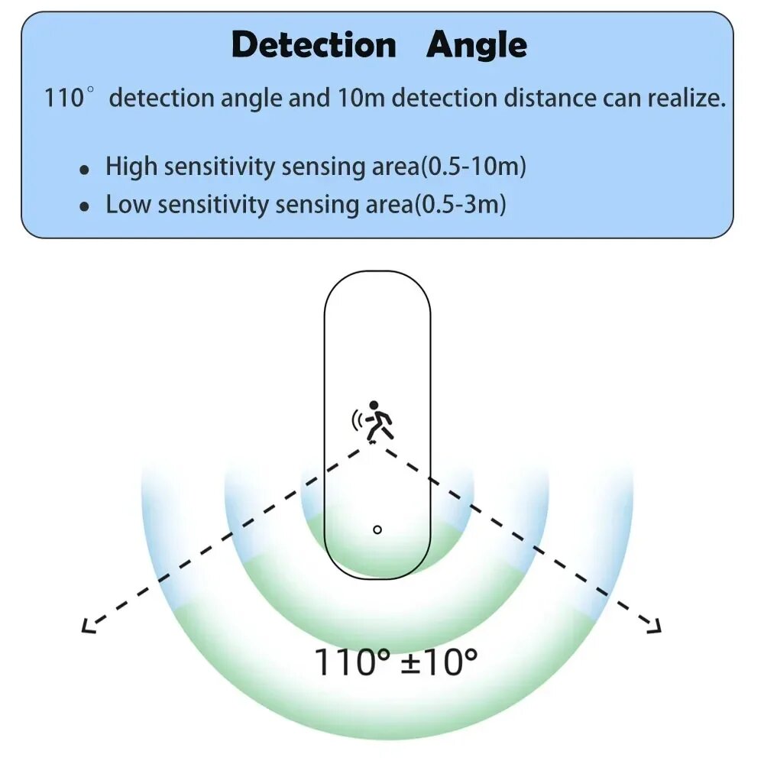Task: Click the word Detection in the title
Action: [x=314, y=46]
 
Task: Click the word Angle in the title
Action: [x=477, y=46]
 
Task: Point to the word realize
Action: [x=687, y=99]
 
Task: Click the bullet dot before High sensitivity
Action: [x=85, y=170]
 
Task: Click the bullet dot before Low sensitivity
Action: [x=85, y=207]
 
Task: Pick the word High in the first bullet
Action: [x=128, y=167]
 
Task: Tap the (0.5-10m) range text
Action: [x=473, y=167]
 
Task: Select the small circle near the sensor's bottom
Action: [x=377, y=529]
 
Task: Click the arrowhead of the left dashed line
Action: [x=87, y=626]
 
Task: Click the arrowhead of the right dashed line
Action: [x=654, y=626]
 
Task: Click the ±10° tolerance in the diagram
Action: [x=439, y=661]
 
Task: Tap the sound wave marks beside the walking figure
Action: [x=356, y=419]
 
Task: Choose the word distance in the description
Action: [x=549, y=99]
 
